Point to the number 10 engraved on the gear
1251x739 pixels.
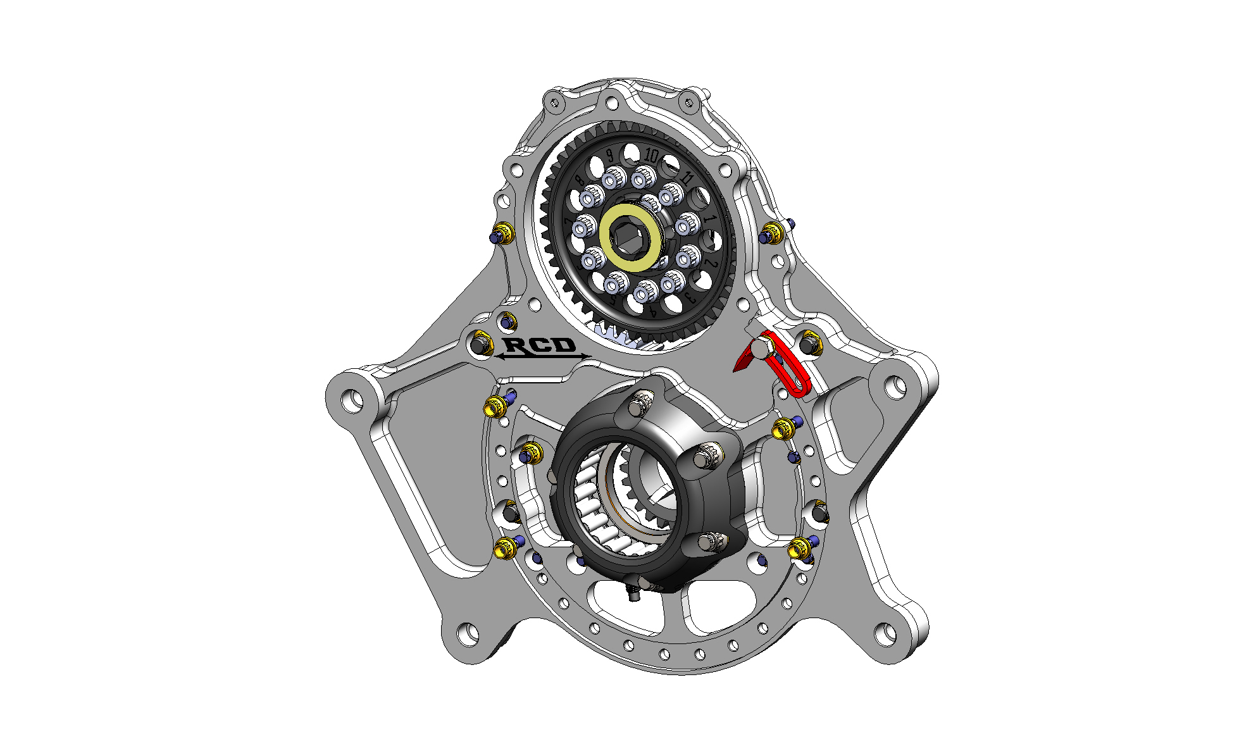[652, 155]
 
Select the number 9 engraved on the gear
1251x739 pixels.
[610, 156]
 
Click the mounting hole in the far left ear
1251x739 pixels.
[351, 399]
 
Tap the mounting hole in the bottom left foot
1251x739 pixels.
[468, 632]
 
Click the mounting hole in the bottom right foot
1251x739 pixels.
[884, 633]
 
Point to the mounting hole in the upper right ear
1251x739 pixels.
[895, 386]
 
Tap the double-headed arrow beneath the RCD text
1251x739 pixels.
[542, 357]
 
